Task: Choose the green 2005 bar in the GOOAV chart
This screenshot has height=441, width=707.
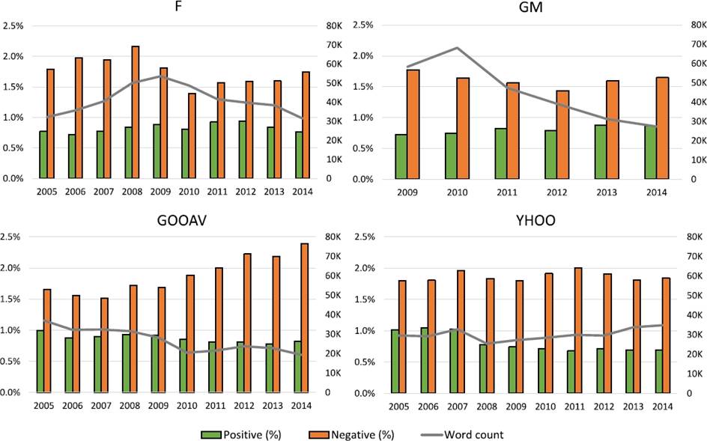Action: tap(40, 361)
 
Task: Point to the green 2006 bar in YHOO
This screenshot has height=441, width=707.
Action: tap(424, 360)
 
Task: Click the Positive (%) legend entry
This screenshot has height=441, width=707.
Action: tap(240, 434)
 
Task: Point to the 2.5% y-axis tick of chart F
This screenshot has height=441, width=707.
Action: tap(15, 25)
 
